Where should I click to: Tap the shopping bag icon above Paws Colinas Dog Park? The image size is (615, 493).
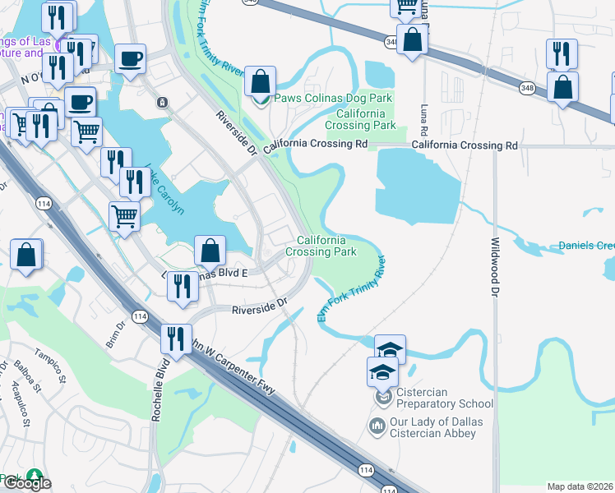pyautogui.click(x=260, y=82)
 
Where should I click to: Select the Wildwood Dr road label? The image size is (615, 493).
pyautogui.click(x=495, y=267)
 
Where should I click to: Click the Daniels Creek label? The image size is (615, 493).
pyautogui.click(x=585, y=246)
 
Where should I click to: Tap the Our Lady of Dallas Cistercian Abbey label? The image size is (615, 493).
pyautogui.click(x=437, y=428)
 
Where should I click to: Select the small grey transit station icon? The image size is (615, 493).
pyautogui.click(x=163, y=103)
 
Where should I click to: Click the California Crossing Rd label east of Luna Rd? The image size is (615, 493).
pyautogui.click(x=465, y=145)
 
